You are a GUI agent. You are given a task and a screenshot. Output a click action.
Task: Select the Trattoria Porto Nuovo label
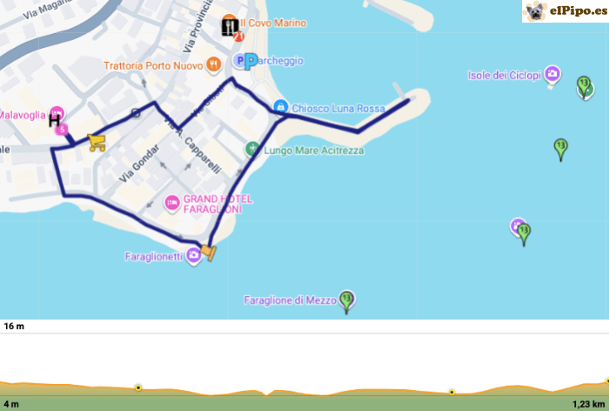point(153,65)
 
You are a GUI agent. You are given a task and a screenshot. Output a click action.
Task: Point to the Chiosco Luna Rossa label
point(338,109)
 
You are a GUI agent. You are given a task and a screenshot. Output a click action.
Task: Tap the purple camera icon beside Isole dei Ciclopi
point(552,75)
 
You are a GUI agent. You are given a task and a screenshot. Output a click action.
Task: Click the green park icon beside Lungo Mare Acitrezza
point(252,149)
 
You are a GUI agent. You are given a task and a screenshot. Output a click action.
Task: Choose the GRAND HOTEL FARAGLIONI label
point(217,204)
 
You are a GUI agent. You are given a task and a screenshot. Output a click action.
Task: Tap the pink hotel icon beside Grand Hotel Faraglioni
point(171,203)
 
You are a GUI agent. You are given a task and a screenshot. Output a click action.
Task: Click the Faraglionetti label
point(154,256)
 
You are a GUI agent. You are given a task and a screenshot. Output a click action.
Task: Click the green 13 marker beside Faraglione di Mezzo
point(347,300)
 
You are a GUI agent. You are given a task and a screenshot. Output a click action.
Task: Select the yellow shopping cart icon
point(97,143)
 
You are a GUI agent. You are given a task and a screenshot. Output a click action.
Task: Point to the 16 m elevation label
point(14,327)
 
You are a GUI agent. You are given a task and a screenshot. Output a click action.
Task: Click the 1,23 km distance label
point(587,404)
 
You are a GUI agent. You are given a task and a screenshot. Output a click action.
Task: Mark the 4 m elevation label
point(11,404)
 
